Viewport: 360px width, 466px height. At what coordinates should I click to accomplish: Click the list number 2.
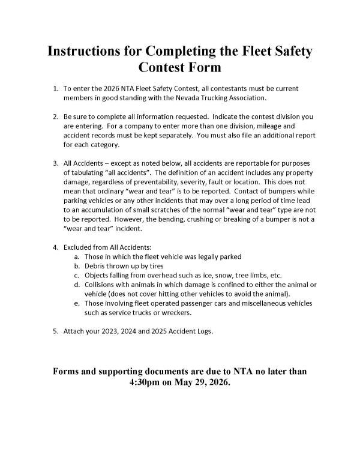tap(55, 116)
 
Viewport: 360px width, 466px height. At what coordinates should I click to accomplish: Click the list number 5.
tap(55, 331)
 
